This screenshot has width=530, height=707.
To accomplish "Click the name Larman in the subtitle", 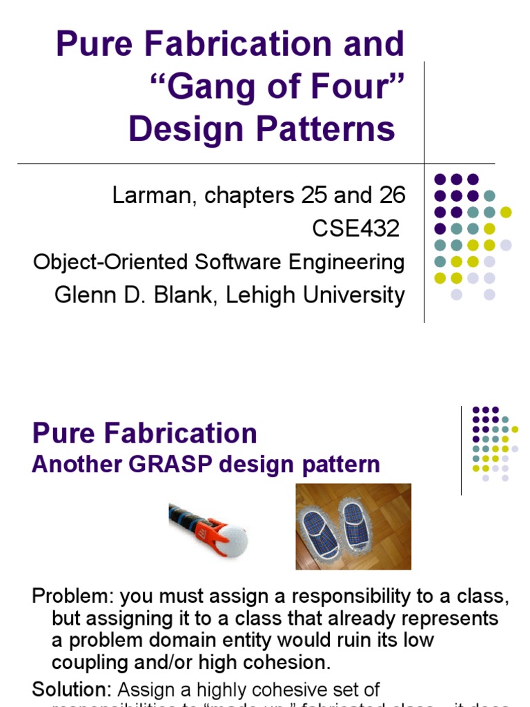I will click(x=146, y=196).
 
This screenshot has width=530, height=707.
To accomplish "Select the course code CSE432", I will click(x=356, y=229).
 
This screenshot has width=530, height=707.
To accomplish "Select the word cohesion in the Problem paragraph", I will click(x=284, y=662).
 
